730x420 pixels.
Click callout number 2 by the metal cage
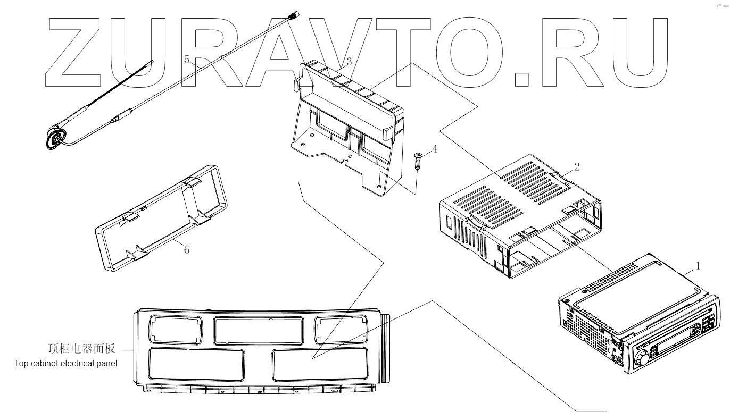coord(577,166)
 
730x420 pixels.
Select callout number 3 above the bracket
coord(349,62)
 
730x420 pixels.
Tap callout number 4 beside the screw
coord(435,149)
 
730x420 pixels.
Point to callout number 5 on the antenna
coord(187,60)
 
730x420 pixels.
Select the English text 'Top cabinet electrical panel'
coord(65,364)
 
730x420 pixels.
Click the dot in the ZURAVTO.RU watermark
coord(522,79)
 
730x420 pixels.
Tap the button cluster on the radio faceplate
coord(708,324)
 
